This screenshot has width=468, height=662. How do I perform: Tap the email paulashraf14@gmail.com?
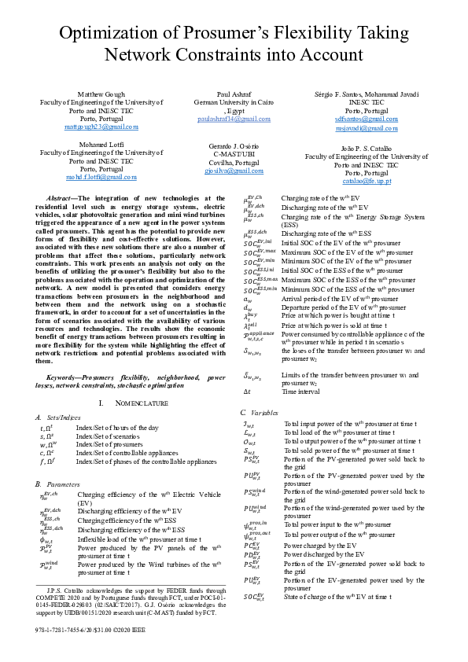234,118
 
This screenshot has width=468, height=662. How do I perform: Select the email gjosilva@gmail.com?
234,170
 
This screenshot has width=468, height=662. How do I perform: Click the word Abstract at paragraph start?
62,200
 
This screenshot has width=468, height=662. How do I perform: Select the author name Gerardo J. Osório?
234,147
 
